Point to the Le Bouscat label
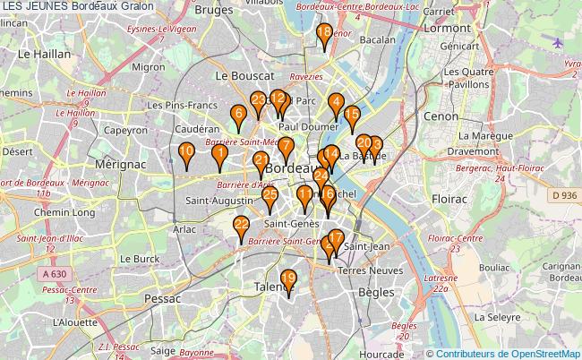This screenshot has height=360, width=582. [244, 76]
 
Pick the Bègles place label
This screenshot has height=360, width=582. [375, 292]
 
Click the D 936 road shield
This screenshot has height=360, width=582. [562, 195]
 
